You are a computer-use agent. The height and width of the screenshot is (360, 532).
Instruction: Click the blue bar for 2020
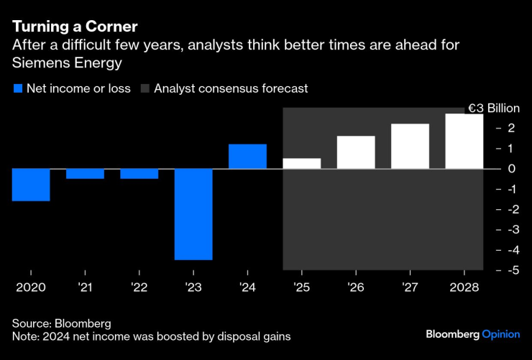tap(31, 185)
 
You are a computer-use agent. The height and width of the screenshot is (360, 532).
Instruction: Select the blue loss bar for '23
tap(193, 214)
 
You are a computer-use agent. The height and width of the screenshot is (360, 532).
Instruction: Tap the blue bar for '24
tap(247, 157)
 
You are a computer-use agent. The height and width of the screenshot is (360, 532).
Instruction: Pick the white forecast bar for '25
tap(301, 164)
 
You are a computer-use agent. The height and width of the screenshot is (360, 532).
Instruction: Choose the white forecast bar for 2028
tap(464, 142)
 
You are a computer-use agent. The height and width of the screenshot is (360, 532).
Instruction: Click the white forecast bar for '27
tap(410, 147)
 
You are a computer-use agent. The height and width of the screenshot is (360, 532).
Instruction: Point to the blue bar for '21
tap(85, 174)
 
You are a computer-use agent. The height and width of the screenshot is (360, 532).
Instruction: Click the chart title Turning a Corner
tap(75, 27)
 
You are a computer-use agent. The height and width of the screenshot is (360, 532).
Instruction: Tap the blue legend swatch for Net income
tap(18, 89)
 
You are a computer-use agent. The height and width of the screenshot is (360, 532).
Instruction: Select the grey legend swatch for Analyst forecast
tap(145, 89)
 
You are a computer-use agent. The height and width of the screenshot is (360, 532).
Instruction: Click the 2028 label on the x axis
tap(464, 287)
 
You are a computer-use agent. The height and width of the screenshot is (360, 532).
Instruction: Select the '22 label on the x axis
tap(139, 287)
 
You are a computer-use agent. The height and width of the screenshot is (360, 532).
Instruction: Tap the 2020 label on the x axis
tap(31, 287)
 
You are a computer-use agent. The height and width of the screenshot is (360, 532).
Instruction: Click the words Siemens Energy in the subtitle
tap(67, 63)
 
